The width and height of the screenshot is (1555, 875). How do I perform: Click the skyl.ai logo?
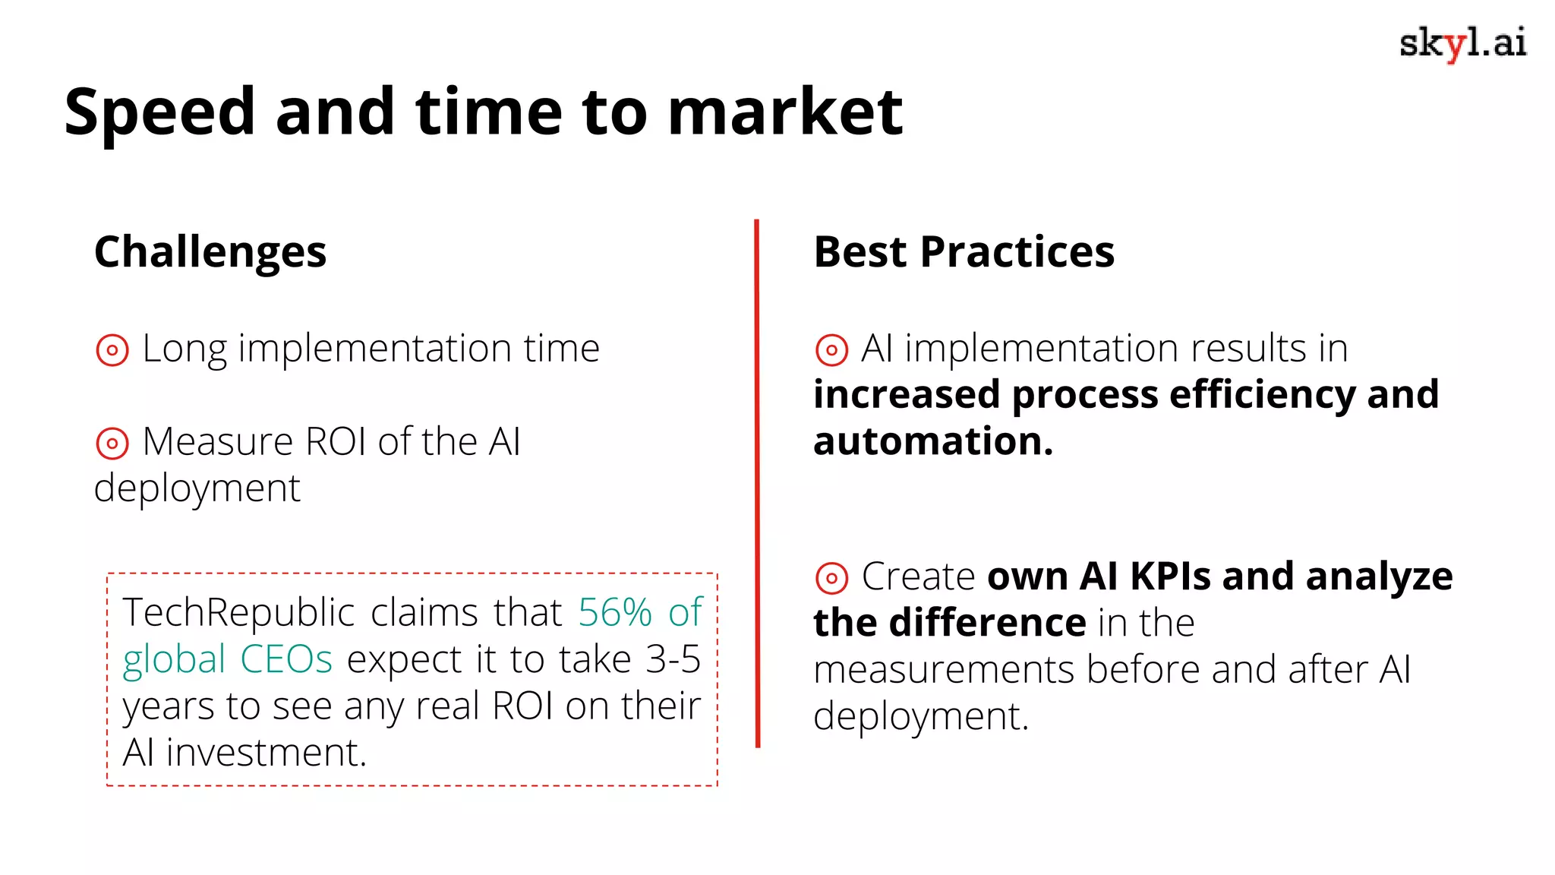tap(1462, 43)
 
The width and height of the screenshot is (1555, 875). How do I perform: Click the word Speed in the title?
tap(159, 112)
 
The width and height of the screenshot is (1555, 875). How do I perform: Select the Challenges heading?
tap(210, 252)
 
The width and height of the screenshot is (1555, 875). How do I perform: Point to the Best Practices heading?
tap(964, 252)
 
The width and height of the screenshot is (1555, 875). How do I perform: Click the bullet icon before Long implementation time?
tap(112, 350)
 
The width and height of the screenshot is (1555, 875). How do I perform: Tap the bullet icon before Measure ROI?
tap(112, 443)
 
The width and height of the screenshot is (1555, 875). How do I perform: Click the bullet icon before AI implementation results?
tap(831, 350)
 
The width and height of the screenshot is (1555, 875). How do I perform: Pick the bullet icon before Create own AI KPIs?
tap(831, 578)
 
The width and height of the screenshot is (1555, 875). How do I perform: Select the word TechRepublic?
tap(238, 612)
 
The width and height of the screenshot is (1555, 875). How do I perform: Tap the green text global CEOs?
tap(227, 659)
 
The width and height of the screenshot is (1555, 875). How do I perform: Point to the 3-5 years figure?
tap(673, 659)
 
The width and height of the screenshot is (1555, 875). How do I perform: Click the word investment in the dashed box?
tap(266, 753)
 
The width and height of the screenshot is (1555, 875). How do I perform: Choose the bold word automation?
tap(933, 441)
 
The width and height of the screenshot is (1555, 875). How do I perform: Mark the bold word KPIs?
tap(1169, 576)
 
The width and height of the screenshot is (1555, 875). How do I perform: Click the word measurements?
tap(944, 670)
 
